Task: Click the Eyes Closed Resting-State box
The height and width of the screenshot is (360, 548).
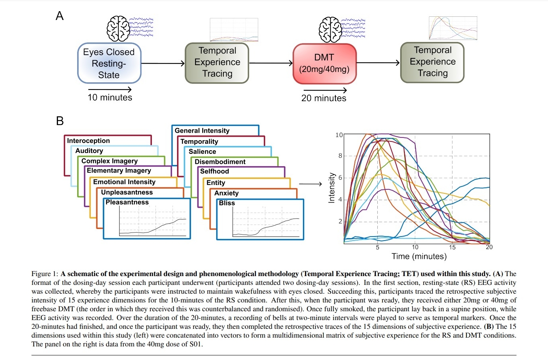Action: point(109,63)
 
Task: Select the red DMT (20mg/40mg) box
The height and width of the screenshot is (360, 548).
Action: point(324,64)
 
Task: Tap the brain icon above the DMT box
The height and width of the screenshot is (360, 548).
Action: point(330,30)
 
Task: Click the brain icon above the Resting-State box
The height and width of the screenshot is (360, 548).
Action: point(118,29)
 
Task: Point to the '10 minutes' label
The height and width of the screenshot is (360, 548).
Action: point(110,97)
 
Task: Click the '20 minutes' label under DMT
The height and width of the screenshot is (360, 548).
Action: point(324,98)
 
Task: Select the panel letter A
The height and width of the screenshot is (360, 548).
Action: point(60,16)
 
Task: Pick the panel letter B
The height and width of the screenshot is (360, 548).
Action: point(60,121)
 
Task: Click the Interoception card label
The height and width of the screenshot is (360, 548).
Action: point(88,141)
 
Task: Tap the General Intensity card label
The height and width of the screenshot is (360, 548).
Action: point(202,131)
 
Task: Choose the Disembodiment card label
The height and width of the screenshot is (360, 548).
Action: point(220,161)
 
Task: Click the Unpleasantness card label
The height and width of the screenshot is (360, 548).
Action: point(127,192)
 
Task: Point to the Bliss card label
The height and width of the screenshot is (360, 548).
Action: point(227,203)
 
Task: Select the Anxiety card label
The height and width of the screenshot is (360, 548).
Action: point(226,193)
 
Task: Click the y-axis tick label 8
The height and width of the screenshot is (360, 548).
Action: point(340,156)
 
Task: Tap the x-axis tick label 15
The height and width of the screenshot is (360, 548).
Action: point(452,247)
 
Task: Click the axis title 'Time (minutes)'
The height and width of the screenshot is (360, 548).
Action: point(419,256)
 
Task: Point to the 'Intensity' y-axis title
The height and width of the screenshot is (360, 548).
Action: point(331,188)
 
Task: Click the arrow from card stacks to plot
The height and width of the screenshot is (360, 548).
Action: point(310,184)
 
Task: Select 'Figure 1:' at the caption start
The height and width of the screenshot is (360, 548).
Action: point(45,274)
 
